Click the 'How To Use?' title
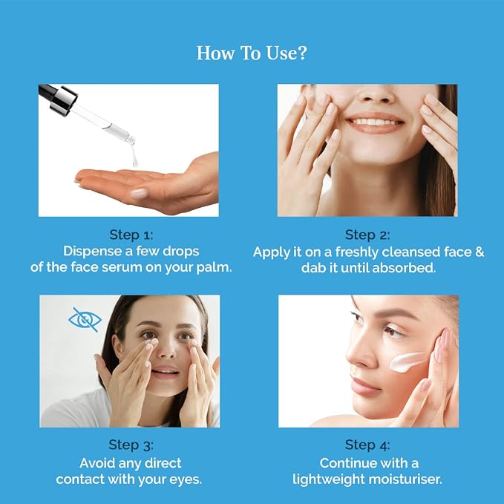pos(252,53)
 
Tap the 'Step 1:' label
pos(131,235)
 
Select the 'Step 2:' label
pos(367,235)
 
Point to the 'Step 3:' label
pos(131,445)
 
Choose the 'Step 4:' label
pos(367,445)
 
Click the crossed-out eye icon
pos(85,320)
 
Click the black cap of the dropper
pos(57,97)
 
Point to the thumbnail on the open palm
pos(139,194)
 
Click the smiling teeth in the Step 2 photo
pos(374,122)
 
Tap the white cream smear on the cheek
pos(407,361)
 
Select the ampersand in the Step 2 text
pos(480,252)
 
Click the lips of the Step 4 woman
pos(362,386)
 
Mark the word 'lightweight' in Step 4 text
pos(329,480)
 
